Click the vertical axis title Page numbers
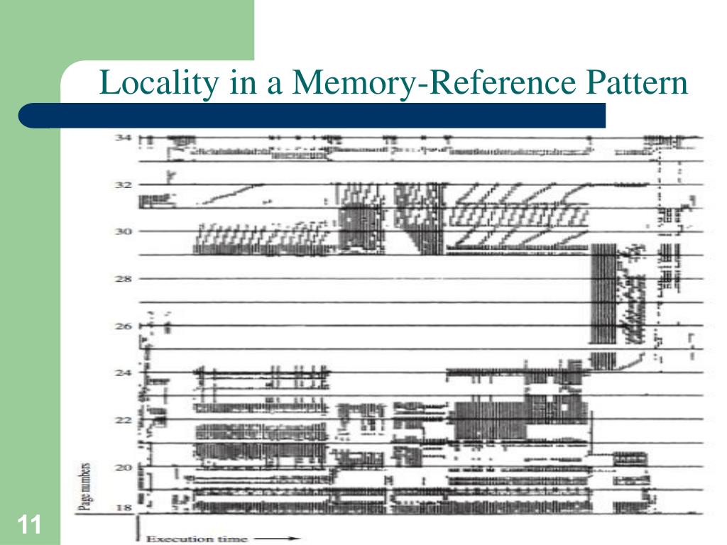[84, 487]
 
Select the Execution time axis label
[197, 539]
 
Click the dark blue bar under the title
[312, 115]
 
